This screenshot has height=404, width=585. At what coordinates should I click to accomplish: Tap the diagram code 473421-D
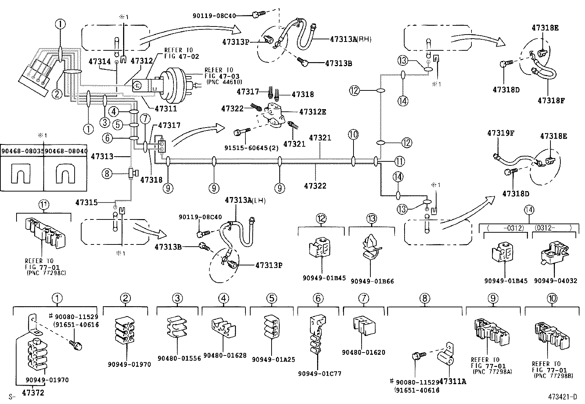[x=563, y=397]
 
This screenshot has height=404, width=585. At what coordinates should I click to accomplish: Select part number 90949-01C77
[x=320, y=373]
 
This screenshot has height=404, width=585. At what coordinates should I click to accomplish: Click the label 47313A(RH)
[x=351, y=39]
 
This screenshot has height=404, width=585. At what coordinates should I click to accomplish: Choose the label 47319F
[x=500, y=133]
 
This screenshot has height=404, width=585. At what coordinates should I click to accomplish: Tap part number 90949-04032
[x=555, y=281]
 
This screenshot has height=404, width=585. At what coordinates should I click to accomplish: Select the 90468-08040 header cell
[x=65, y=151]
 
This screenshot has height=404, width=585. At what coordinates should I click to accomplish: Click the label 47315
[x=86, y=202]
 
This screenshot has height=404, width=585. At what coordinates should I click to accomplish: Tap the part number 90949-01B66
[x=372, y=281]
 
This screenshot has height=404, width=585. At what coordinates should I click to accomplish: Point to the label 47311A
[x=452, y=382]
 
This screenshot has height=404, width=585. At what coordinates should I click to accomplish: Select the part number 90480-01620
[x=363, y=352]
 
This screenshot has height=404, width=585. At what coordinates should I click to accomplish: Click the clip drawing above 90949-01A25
[x=272, y=325]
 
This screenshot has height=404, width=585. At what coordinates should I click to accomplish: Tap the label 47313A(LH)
[x=245, y=200]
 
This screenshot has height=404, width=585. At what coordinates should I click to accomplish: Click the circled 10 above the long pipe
[x=353, y=135]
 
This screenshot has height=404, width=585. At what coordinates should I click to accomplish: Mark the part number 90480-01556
[x=179, y=358]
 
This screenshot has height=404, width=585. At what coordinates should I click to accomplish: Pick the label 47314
[x=99, y=62]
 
